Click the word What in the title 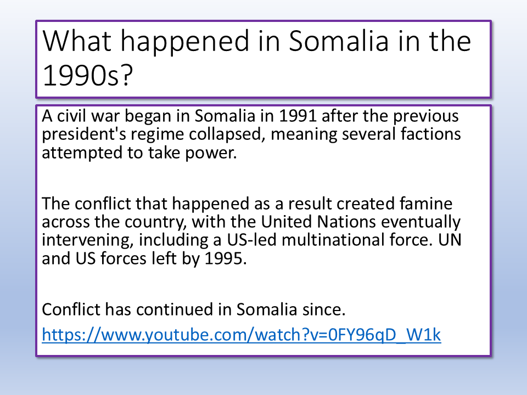click(x=77, y=41)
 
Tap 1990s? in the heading click(x=88, y=75)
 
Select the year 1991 click(x=298, y=116)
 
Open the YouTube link click(x=242, y=335)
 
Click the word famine click(x=426, y=204)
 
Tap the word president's click(x=84, y=135)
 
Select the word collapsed click(x=225, y=135)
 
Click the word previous click(x=426, y=117)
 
